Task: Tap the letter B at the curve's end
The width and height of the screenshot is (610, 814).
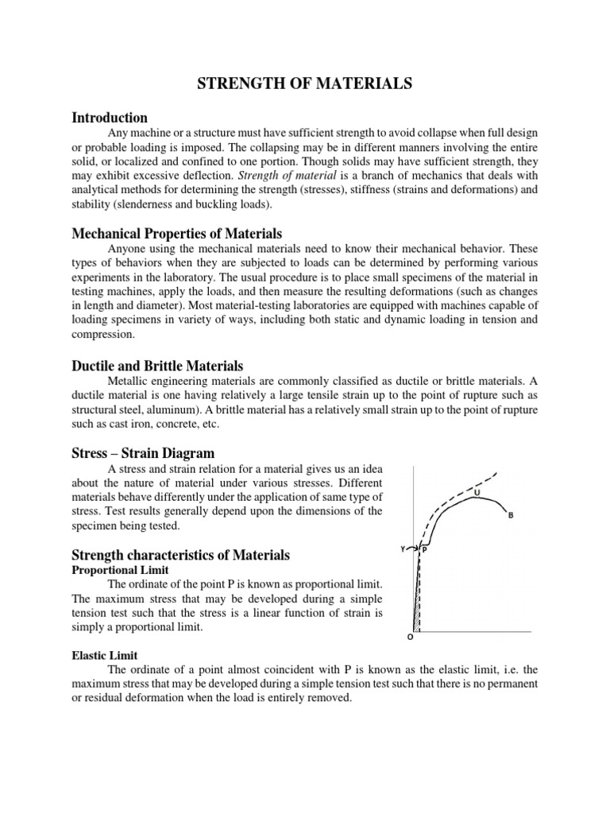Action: point(511,515)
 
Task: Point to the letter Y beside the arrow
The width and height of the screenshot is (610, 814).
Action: point(403,548)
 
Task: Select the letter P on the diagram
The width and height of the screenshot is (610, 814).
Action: point(424,549)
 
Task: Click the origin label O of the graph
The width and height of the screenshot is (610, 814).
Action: point(410,637)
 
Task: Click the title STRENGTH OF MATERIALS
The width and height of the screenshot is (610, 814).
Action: point(305,84)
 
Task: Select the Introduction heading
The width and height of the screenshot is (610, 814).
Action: point(110,118)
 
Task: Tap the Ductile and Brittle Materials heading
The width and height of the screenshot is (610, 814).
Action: point(157,366)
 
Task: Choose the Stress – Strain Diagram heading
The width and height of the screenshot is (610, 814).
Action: point(143,453)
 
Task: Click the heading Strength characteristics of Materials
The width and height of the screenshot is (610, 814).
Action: point(181,554)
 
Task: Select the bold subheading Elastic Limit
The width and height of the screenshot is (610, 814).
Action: point(105,655)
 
